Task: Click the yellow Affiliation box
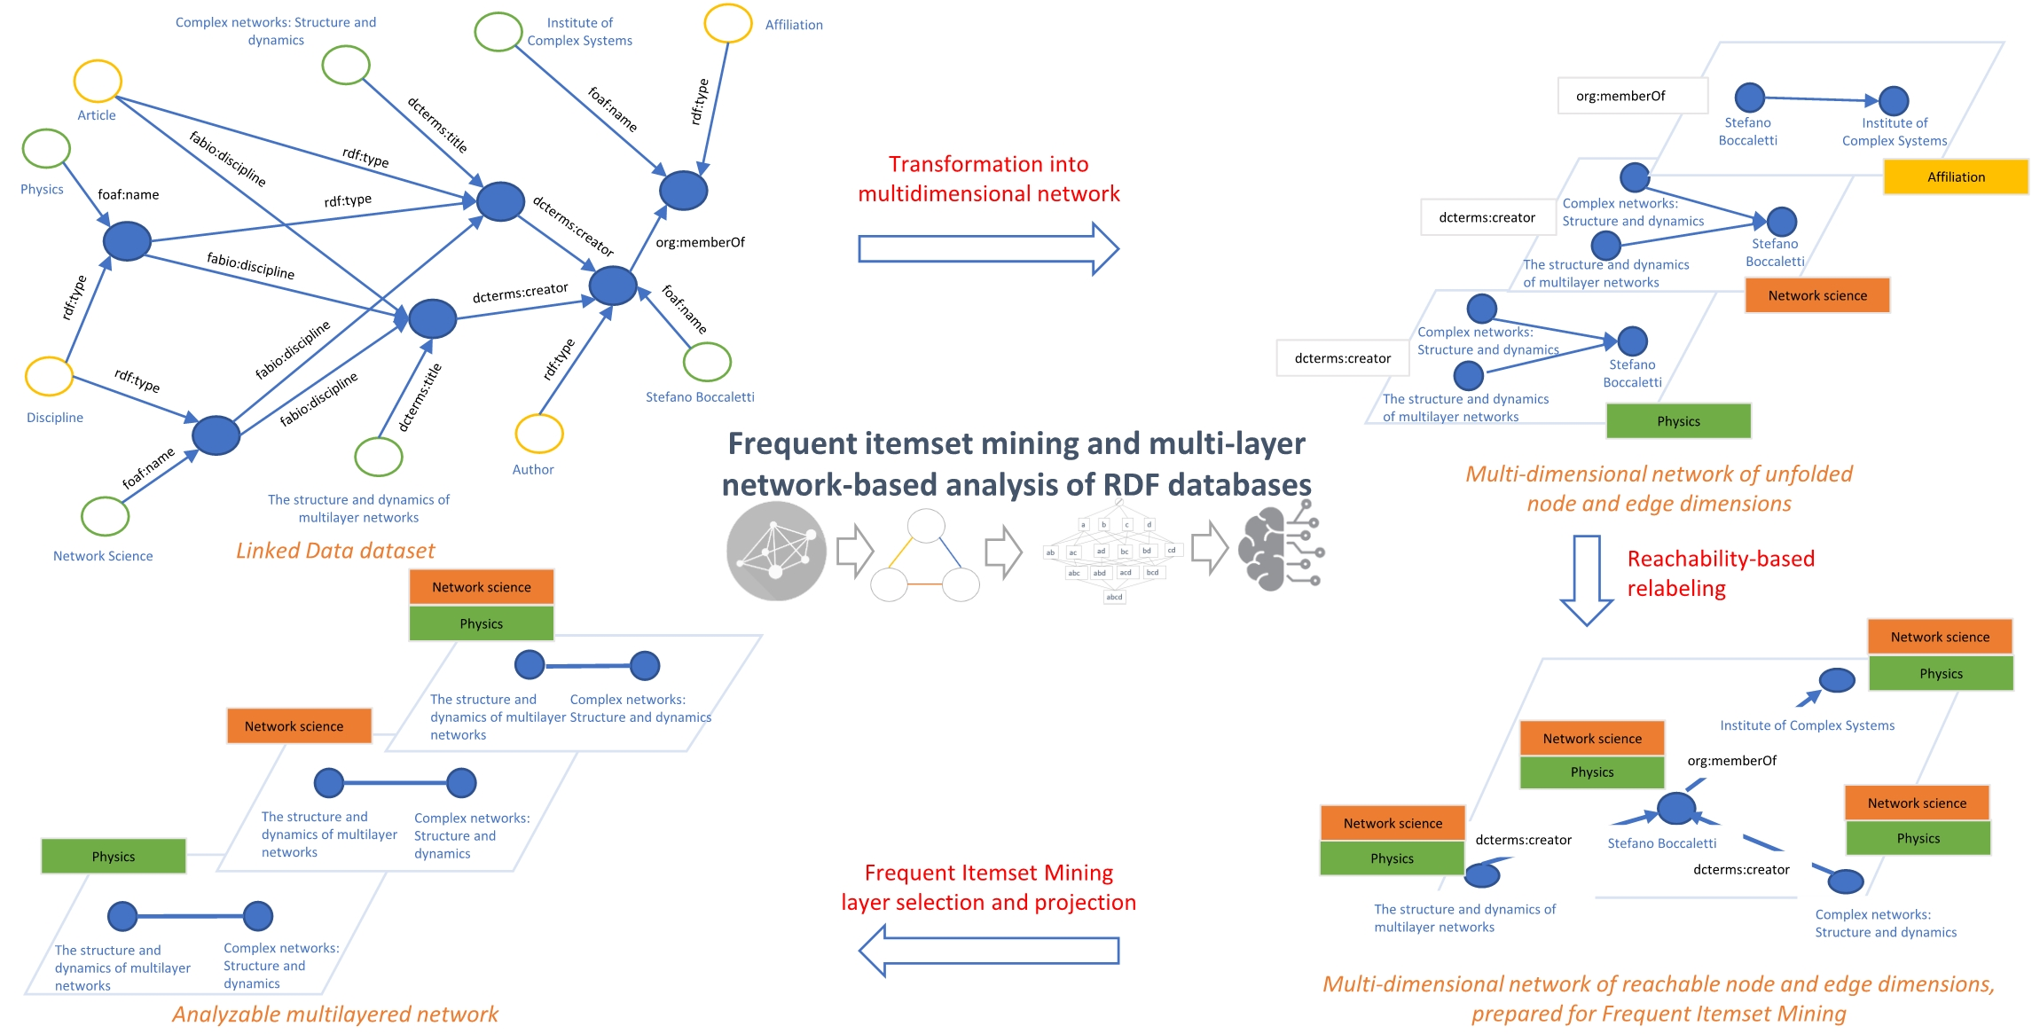pyautogui.click(x=1955, y=176)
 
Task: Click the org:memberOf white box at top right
pyautogui.click(x=1632, y=96)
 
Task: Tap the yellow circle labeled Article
pyautogui.click(x=97, y=82)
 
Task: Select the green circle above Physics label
pyautogui.click(x=46, y=149)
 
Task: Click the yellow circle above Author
pyautogui.click(x=538, y=434)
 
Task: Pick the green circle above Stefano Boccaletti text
pyautogui.click(x=707, y=361)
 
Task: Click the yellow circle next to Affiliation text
pyautogui.click(x=728, y=23)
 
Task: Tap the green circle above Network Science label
pyautogui.click(x=106, y=516)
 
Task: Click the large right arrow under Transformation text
pyautogui.click(x=988, y=248)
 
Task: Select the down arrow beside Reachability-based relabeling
pyautogui.click(x=1586, y=580)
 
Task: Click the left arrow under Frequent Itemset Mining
pyautogui.click(x=988, y=951)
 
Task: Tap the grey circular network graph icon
pyautogui.click(x=776, y=551)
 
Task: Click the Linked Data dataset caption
pyautogui.click(x=335, y=551)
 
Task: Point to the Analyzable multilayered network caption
pyautogui.click(x=335, y=1014)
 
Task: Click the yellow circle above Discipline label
pyautogui.click(x=49, y=376)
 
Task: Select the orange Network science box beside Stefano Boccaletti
pyautogui.click(x=1816, y=295)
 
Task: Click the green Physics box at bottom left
pyautogui.click(x=114, y=857)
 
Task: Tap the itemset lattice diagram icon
pyautogui.click(x=1114, y=551)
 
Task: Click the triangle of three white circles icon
pyautogui.click(x=925, y=557)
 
